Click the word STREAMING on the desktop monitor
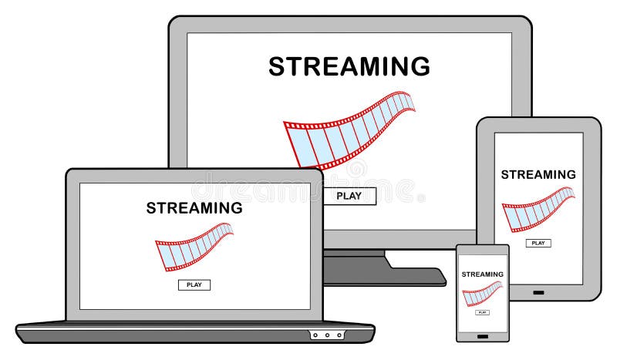(x=349, y=66)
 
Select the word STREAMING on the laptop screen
(x=194, y=207)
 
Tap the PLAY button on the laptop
(x=194, y=284)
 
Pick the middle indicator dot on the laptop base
(x=326, y=335)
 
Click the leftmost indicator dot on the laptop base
(x=315, y=335)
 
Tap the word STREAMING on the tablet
(x=538, y=174)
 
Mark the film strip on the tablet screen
(x=538, y=209)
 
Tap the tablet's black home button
(x=538, y=292)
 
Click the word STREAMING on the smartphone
(x=482, y=274)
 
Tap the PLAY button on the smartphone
(x=482, y=312)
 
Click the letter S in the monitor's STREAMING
(x=277, y=66)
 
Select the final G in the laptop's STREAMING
(x=236, y=207)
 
